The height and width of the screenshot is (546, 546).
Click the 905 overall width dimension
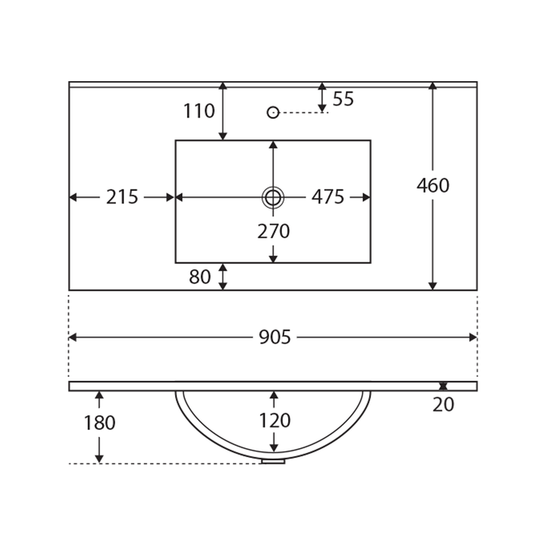(275, 337)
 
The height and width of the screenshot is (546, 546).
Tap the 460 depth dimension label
(433, 185)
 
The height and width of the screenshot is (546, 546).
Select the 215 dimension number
(122, 197)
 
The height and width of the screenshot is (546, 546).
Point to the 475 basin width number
(328, 197)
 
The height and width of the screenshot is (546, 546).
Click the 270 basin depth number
(273, 231)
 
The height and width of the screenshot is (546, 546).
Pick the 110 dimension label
(199, 111)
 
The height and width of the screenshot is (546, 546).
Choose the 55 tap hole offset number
(343, 99)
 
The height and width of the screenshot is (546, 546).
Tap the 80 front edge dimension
(199, 277)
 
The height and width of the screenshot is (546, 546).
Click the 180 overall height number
(99, 422)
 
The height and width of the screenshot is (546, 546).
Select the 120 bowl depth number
(275, 420)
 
